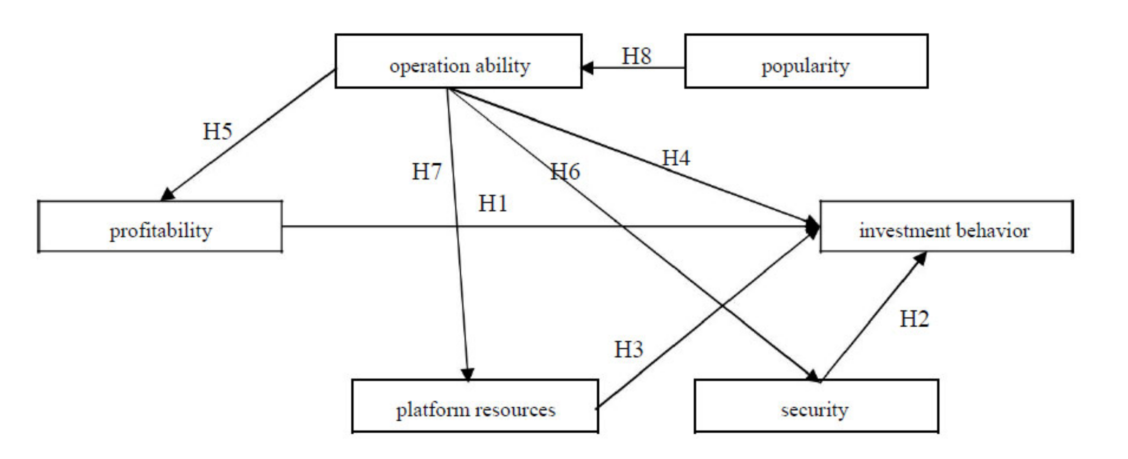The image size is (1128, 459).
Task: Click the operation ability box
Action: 458,61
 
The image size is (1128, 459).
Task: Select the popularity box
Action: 806,61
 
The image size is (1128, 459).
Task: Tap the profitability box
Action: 160,227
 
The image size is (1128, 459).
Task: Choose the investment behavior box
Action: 946,227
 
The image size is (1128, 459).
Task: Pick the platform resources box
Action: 475,406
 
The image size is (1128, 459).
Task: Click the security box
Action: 816,406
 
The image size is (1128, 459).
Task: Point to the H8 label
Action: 636,56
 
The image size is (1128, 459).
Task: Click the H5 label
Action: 217,131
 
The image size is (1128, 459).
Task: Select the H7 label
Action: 426,171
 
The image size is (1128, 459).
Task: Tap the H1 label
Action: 493,203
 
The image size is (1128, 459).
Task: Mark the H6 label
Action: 565,171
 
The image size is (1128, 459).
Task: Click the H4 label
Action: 676,158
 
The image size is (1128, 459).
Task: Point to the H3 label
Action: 628,350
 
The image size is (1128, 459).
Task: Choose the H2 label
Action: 914,319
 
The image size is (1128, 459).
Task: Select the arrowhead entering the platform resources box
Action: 468,375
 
